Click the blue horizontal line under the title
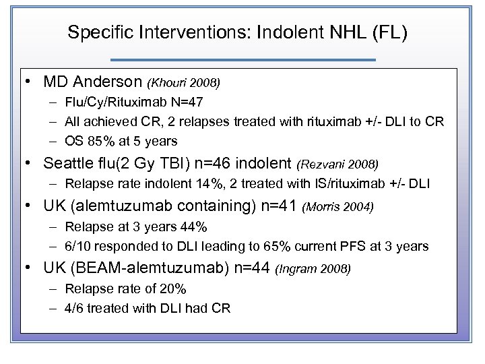pos(243,60)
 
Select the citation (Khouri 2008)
pos(184,84)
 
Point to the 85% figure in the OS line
pos(98,141)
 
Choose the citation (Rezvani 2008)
pos(338,164)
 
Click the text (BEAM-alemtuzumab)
pos(143,269)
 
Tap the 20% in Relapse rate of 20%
pos(173,289)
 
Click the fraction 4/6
pos(75,308)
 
